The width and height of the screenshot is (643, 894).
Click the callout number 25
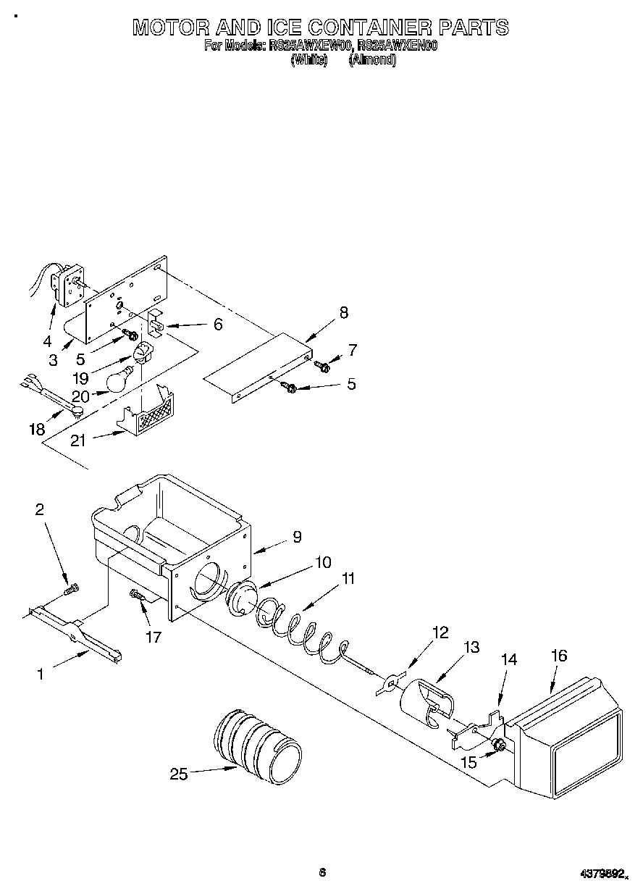pos(178,774)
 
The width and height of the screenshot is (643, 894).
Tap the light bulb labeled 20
pos(119,379)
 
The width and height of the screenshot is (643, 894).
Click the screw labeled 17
pos(137,595)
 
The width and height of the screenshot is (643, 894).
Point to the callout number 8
pos(343,313)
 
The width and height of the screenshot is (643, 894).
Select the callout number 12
pos(440,632)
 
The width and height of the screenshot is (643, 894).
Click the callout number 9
pos(297,537)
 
